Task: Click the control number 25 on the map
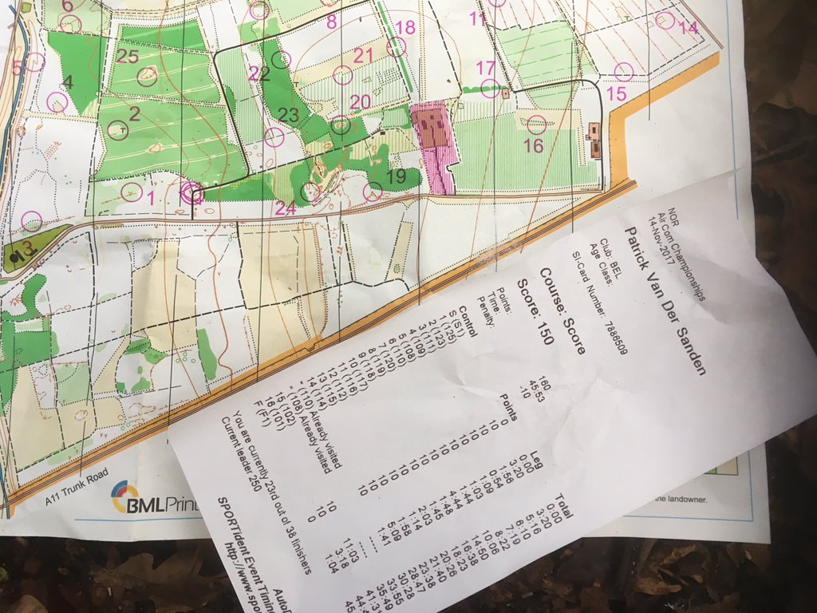pos(128,56)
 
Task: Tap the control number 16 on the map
pos(533,145)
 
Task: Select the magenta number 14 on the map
pos(688,27)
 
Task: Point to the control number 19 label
pos(396,177)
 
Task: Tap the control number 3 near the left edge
pos(26,247)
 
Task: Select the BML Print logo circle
pos(126,498)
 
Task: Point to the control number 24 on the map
pos(285,209)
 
